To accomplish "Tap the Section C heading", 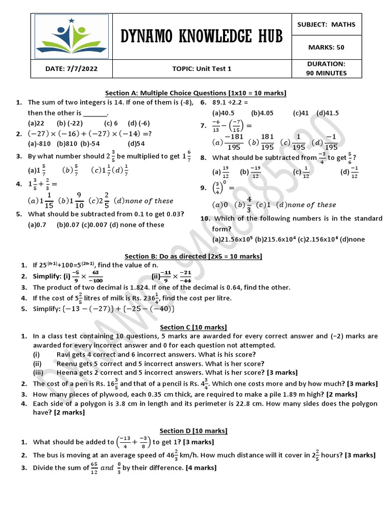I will [x=193, y=327].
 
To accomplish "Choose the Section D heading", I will [x=193, y=431].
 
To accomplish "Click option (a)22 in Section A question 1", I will [x=35, y=123].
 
